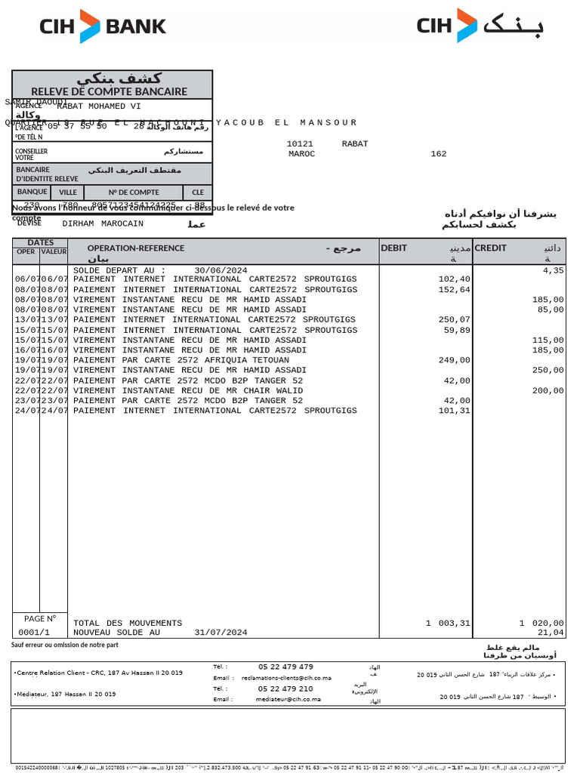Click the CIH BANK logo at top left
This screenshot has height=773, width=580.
(103, 26)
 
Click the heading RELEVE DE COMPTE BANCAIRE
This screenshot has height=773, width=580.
(109, 91)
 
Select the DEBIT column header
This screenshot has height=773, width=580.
(394, 248)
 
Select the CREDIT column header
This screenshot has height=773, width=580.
(491, 248)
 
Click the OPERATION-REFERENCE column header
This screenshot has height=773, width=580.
(136, 248)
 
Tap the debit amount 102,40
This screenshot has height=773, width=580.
(454, 279)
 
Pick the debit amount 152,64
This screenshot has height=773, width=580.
(454, 290)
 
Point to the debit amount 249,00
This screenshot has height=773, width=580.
(454, 360)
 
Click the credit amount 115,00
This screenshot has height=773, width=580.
(548, 340)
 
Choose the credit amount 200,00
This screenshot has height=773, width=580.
(548, 391)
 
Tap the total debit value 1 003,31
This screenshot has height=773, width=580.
(448, 623)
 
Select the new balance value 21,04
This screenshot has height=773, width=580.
(551, 633)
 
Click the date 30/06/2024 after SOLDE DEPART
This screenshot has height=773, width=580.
(221, 269)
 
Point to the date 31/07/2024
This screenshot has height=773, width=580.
(221, 633)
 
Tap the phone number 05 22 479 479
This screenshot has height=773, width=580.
(285, 667)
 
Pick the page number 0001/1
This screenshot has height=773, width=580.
(34, 633)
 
